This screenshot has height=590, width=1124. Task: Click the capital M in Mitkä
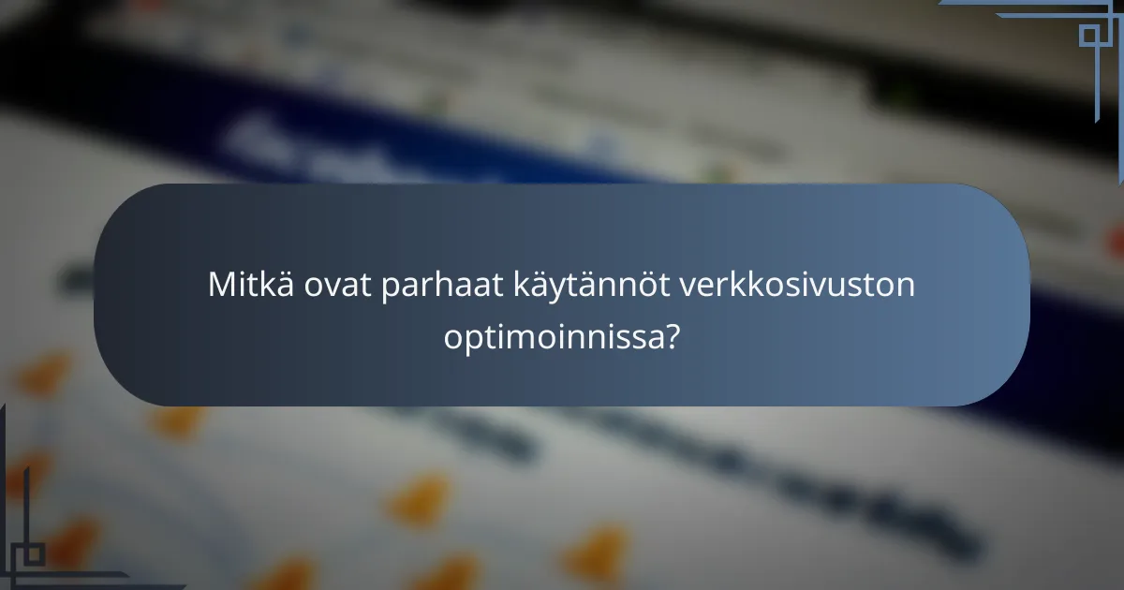tap(221, 285)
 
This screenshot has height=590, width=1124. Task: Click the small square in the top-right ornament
tap(1089, 36)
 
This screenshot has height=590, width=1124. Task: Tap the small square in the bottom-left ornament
tap(35, 553)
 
